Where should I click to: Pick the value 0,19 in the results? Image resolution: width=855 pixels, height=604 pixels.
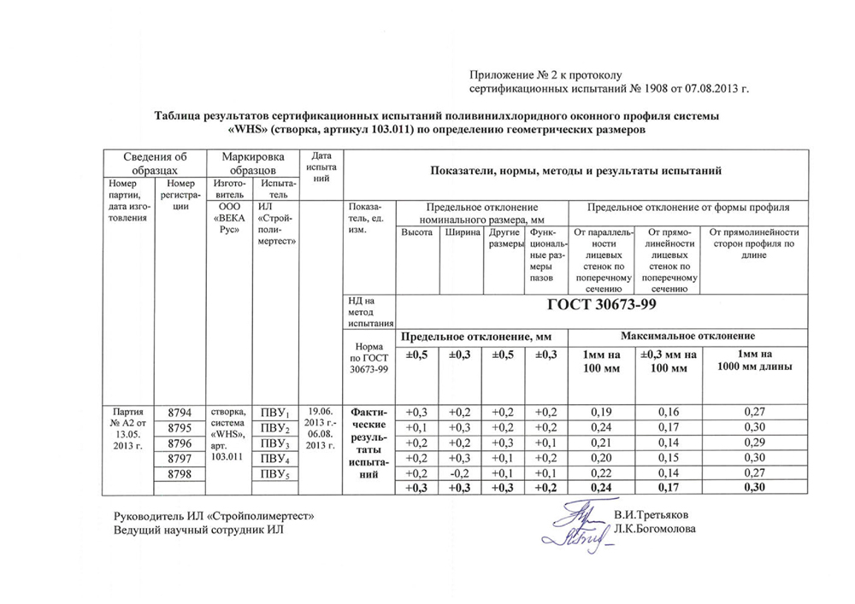[x=602, y=411]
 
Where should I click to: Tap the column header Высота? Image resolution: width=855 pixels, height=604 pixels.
[x=416, y=233]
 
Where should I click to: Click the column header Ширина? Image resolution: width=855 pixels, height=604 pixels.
[x=462, y=233]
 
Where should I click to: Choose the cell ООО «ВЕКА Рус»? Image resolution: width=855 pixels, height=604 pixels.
[x=227, y=218]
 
